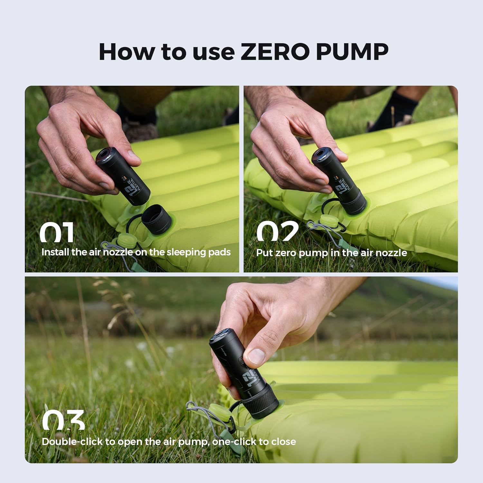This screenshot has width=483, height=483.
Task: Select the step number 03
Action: [63, 420]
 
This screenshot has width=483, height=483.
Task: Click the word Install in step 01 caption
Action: [55, 252]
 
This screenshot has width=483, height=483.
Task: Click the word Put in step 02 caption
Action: [264, 253]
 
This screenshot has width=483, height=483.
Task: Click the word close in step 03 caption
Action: [283, 441]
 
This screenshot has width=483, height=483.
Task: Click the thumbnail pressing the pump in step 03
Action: [256, 356]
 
